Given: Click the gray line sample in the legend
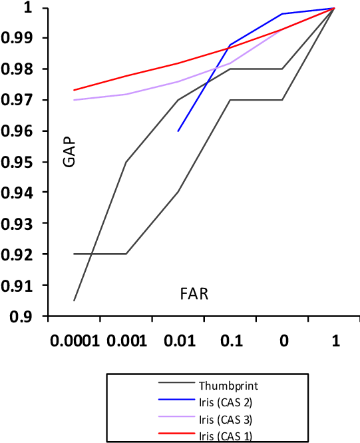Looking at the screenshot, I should [176, 382].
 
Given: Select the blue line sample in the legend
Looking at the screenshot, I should [176, 399].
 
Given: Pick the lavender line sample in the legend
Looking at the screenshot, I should [176, 416].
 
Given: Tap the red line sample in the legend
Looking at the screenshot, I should [176, 433].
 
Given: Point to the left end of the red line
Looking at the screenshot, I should [74, 90].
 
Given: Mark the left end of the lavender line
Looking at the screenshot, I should [74, 100].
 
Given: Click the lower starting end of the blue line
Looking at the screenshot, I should [178, 131].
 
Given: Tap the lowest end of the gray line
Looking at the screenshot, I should [74, 301].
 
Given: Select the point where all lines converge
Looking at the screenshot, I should [334, 8].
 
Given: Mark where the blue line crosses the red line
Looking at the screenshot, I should [228, 48].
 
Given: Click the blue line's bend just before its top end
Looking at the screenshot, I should [282, 13].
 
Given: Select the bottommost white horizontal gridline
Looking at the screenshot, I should [200, 284].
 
